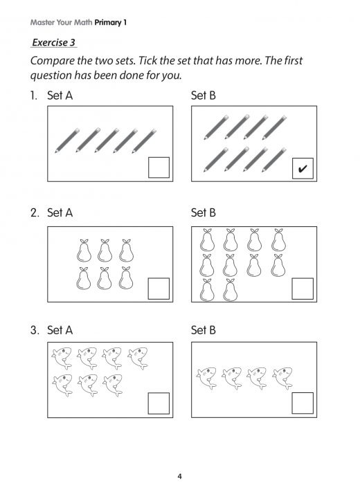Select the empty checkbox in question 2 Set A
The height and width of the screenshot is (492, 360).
click(x=159, y=288)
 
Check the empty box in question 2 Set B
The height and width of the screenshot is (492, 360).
click(x=303, y=288)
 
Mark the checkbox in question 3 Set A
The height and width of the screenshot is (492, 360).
click(x=159, y=403)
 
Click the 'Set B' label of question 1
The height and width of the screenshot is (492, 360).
click(x=203, y=95)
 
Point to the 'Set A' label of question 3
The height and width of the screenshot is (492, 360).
click(x=60, y=331)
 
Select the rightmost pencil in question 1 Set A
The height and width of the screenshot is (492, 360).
click(x=143, y=141)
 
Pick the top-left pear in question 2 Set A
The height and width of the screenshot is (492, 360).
click(x=84, y=250)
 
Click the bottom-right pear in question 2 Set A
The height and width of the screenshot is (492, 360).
click(x=125, y=277)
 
